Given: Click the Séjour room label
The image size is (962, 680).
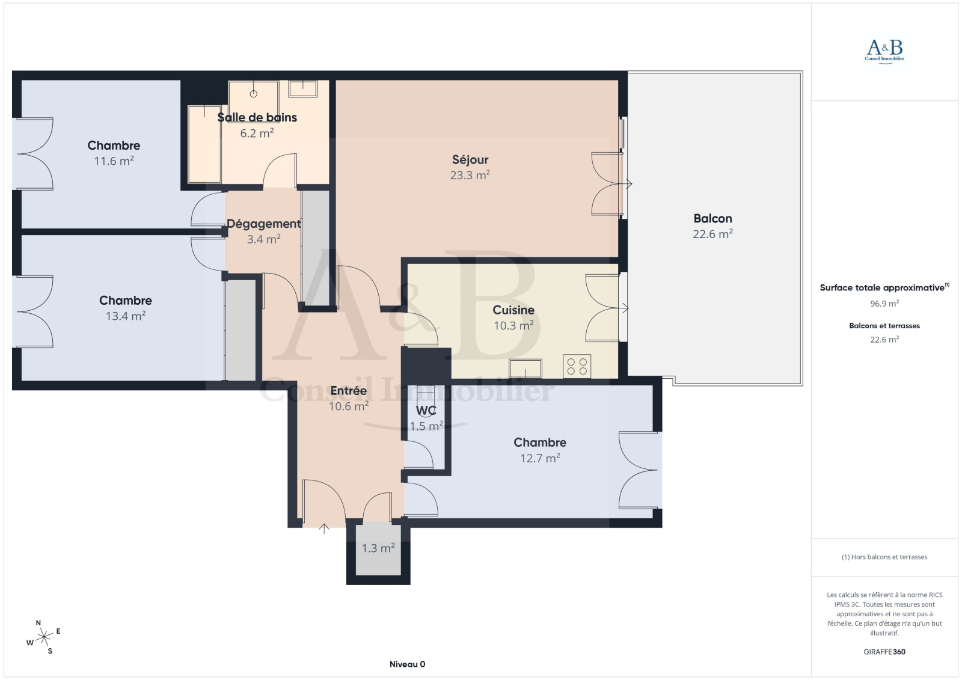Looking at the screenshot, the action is coord(470,160).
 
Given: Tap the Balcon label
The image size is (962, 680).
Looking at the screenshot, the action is coord(712,218).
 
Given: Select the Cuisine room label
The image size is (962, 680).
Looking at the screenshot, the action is coord(513,310).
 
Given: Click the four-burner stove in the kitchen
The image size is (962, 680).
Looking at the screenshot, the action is coord(577,366).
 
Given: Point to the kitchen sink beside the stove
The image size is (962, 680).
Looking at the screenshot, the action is coord(525,369).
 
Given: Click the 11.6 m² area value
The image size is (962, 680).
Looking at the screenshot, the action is coord(114,161).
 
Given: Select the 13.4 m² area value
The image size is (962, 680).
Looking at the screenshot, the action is coord(126,316).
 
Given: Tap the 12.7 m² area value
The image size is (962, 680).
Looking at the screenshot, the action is coord(540,458).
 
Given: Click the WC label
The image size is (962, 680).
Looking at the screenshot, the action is coord(426,411).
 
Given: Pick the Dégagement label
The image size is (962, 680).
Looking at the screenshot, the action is coord(264,224).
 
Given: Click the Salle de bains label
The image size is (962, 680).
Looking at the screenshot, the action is coord(257,117).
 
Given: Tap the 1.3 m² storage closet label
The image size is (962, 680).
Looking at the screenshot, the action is coord(378,548).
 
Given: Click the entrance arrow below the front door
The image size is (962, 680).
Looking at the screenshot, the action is coord(324,528).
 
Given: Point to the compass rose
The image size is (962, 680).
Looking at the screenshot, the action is coord(44,637).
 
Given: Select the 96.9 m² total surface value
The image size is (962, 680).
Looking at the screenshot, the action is coord(884,303).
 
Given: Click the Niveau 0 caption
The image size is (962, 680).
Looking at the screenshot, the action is coord(407,664).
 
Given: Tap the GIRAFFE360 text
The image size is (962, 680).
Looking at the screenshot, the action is coord(884,652).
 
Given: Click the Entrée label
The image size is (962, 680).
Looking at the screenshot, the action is coord(348,390).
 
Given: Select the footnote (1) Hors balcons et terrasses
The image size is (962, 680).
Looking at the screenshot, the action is coord(884,557).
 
